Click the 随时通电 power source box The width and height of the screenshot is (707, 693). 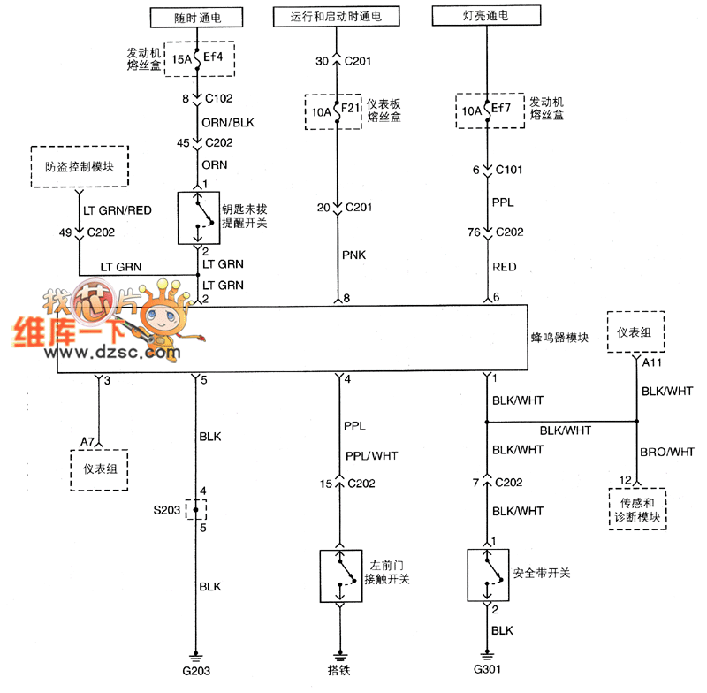pos(196,17)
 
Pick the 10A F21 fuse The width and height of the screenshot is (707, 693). pos(336,111)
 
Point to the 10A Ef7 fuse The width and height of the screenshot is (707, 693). pos(484,111)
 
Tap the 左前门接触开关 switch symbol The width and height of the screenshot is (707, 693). pos(338,576)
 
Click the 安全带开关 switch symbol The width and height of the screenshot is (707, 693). pos(485,576)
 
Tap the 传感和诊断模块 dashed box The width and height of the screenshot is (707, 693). pos(636,509)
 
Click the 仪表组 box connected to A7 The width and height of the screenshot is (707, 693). pos(99,468)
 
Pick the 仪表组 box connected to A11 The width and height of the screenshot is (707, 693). pos(635,332)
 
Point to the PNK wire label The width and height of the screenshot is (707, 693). pos(354,256)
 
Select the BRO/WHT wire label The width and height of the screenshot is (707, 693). pos(666,453)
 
